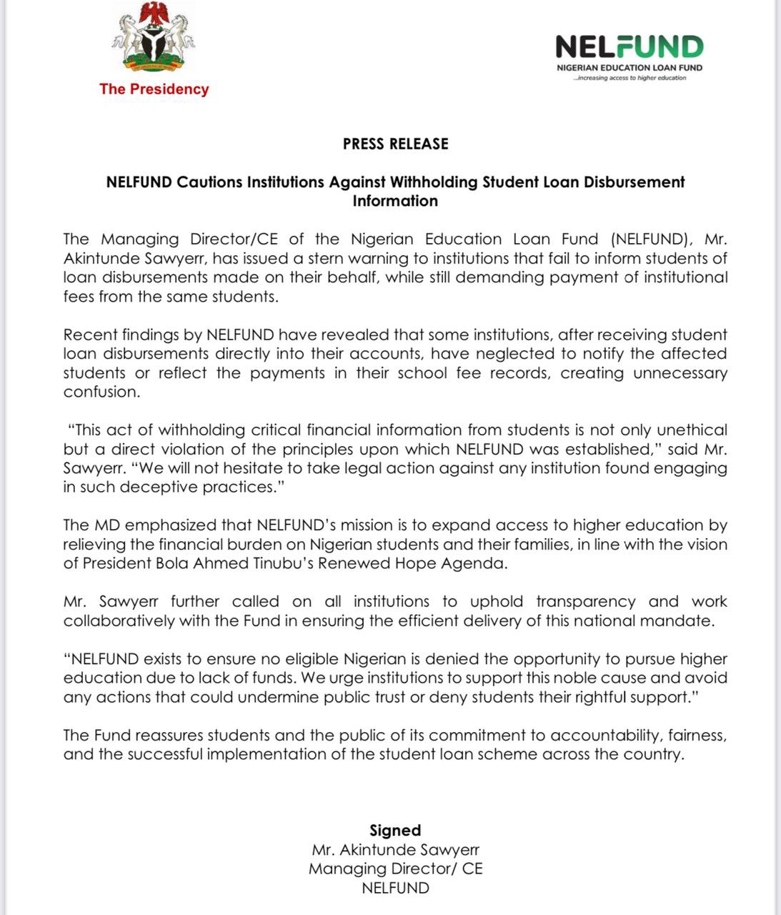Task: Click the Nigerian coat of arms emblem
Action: coord(153,39)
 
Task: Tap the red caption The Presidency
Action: coord(154,89)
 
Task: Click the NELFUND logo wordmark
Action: coord(629,47)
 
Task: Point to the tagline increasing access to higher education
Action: coord(629,78)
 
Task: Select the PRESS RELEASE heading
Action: coord(395,144)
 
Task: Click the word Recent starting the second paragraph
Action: coord(89,335)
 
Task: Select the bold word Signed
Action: coord(395,831)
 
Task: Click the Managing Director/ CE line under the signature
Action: coord(395,869)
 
